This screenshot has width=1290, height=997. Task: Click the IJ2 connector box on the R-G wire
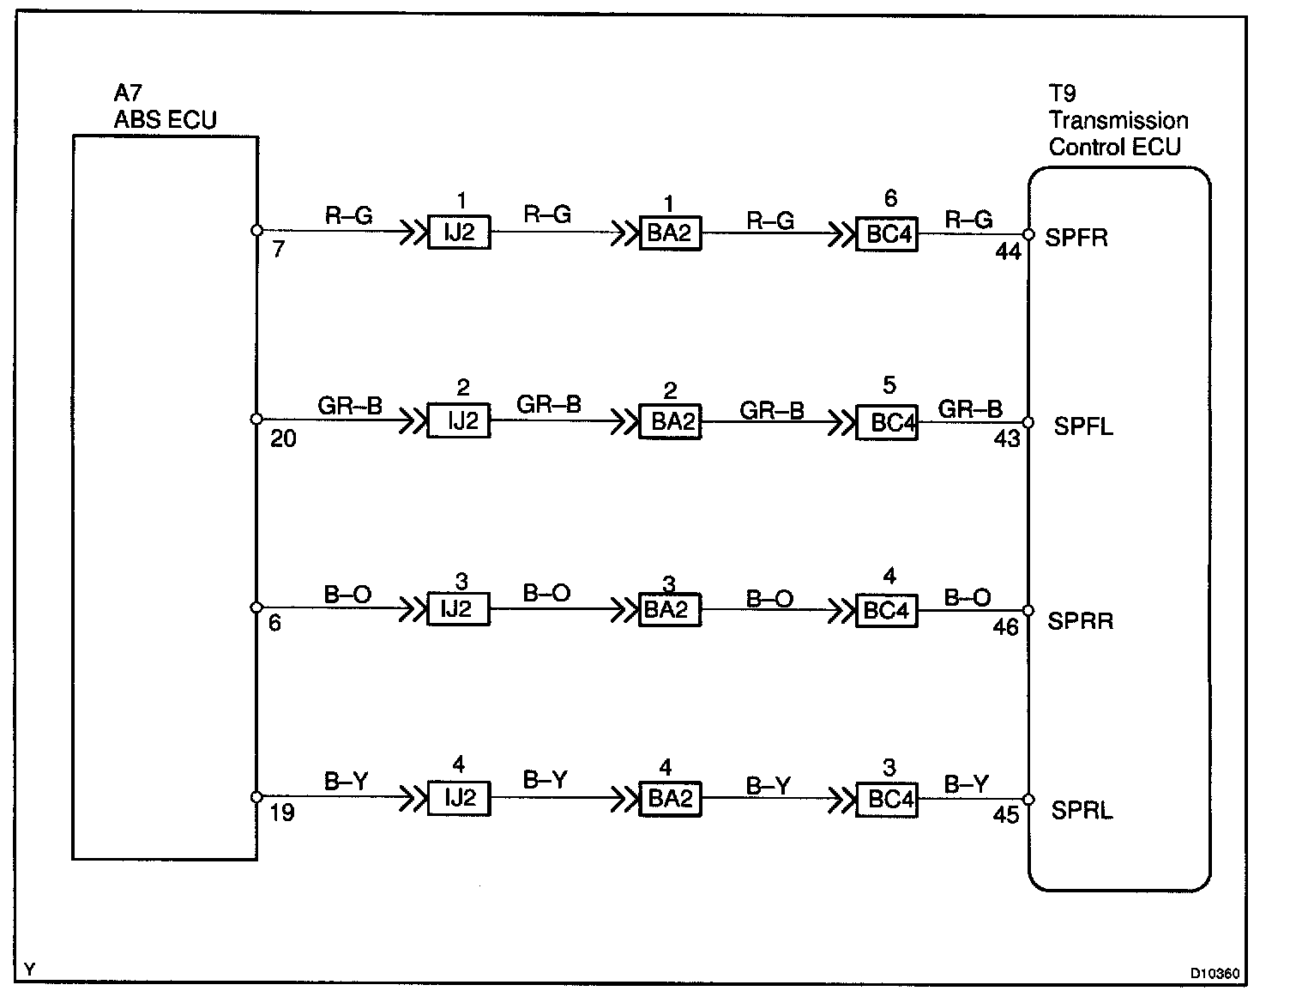tap(459, 233)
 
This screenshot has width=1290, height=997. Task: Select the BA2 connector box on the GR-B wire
tap(671, 422)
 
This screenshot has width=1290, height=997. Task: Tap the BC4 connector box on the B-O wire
tap(887, 610)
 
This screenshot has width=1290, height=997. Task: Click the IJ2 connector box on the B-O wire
tap(459, 609)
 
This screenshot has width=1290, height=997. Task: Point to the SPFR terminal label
tap(1076, 238)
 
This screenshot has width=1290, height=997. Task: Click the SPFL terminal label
tap(1082, 426)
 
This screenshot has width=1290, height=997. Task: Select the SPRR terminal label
tap(1080, 621)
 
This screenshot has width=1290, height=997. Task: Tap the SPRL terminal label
tap(1081, 810)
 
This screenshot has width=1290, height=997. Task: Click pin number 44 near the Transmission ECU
tap(1008, 252)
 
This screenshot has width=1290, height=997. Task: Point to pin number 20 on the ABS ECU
tap(283, 439)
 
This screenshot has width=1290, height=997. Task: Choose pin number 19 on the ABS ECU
tap(282, 812)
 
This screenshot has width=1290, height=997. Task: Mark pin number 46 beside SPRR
tap(1005, 628)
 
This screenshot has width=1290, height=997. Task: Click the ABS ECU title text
tap(166, 120)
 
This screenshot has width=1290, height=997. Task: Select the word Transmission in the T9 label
tap(1118, 120)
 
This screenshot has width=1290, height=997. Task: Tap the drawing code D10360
tap(1215, 974)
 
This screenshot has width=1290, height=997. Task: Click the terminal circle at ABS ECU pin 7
tap(256, 230)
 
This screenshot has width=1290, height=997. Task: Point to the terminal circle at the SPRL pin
tap(1028, 799)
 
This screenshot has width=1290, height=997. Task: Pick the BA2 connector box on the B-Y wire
tap(671, 799)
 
